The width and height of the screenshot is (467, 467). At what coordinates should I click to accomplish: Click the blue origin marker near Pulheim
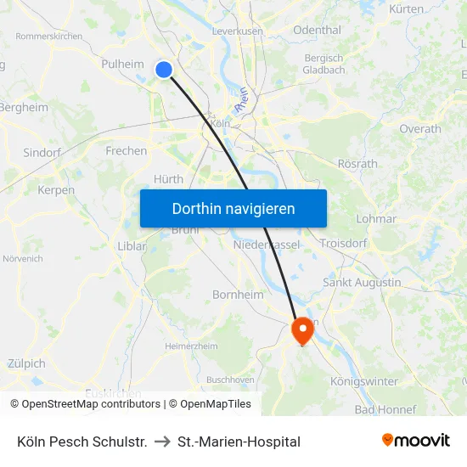pos(164,70)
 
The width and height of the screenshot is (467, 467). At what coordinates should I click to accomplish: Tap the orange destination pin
pos(301,329)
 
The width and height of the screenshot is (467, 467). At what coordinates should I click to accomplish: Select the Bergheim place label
pos(23,107)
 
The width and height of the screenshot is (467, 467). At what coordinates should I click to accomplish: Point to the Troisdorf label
pos(344,243)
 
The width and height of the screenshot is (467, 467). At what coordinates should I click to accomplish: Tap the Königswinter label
pos(364,381)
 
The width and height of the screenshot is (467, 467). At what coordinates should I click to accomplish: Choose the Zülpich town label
pos(25,363)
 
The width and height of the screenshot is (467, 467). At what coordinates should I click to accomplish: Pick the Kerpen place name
pos(56,190)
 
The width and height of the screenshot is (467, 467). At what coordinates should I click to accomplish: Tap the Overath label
pos(420,129)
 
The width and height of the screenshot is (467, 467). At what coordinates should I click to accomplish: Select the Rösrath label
pos(357,163)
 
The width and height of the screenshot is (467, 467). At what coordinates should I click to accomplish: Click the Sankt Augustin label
pos(362,282)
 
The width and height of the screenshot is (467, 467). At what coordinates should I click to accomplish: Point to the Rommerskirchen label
pos(48,37)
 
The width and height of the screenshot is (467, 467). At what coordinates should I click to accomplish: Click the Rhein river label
pos(242,102)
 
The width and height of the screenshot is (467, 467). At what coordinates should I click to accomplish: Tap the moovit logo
pos(416,441)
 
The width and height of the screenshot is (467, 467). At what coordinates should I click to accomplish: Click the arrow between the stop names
pos(162,442)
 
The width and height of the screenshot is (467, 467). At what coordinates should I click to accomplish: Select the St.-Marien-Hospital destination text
pos(239,442)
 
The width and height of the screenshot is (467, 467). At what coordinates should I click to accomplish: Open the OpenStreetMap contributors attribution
pos(90,404)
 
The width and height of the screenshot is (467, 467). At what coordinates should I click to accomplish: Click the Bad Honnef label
pos(385,409)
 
